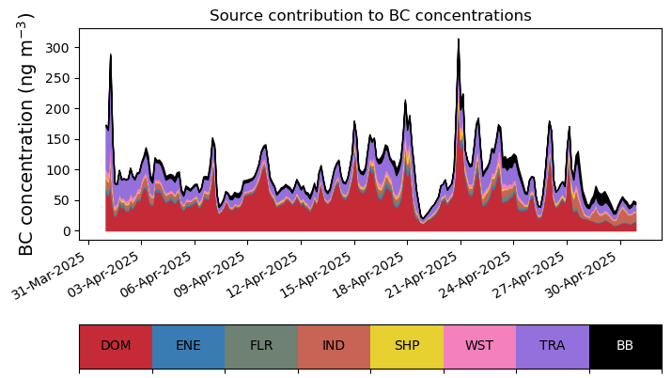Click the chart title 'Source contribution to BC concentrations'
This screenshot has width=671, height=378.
[370, 15]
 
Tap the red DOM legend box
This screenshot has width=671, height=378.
[116, 346]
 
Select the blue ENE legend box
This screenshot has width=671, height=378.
[189, 346]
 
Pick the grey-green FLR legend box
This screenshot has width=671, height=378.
[261, 346]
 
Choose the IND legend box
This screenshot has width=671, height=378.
[335, 346]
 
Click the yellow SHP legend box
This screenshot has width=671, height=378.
[407, 346]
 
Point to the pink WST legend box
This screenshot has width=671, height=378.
[479, 346]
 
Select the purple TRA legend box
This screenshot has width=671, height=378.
[553, 346]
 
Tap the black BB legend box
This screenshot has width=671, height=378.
[626, 346]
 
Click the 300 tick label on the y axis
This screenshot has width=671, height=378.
[56, 48]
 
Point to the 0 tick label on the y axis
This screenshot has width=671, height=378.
[65, 231]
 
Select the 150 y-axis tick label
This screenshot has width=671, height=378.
[56, 139]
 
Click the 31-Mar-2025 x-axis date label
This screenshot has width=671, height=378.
[48, 275]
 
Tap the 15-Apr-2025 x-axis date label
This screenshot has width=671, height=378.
[315, 275]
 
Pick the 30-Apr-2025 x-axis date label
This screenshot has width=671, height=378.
[581, 275]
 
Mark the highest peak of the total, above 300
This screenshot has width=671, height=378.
[459, 39]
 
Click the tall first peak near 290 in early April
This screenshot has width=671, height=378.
[110, 55]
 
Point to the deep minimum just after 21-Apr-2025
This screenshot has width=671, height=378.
[422, 219]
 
